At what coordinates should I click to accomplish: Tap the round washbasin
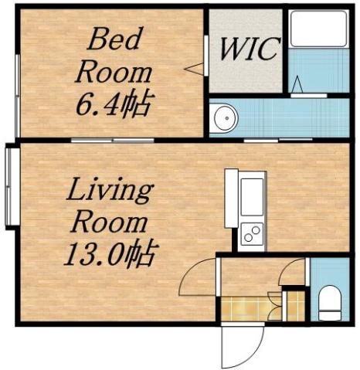(225, 118)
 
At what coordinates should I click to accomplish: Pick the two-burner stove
(252, 233)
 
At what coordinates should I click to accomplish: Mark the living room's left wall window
(10, 185)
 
